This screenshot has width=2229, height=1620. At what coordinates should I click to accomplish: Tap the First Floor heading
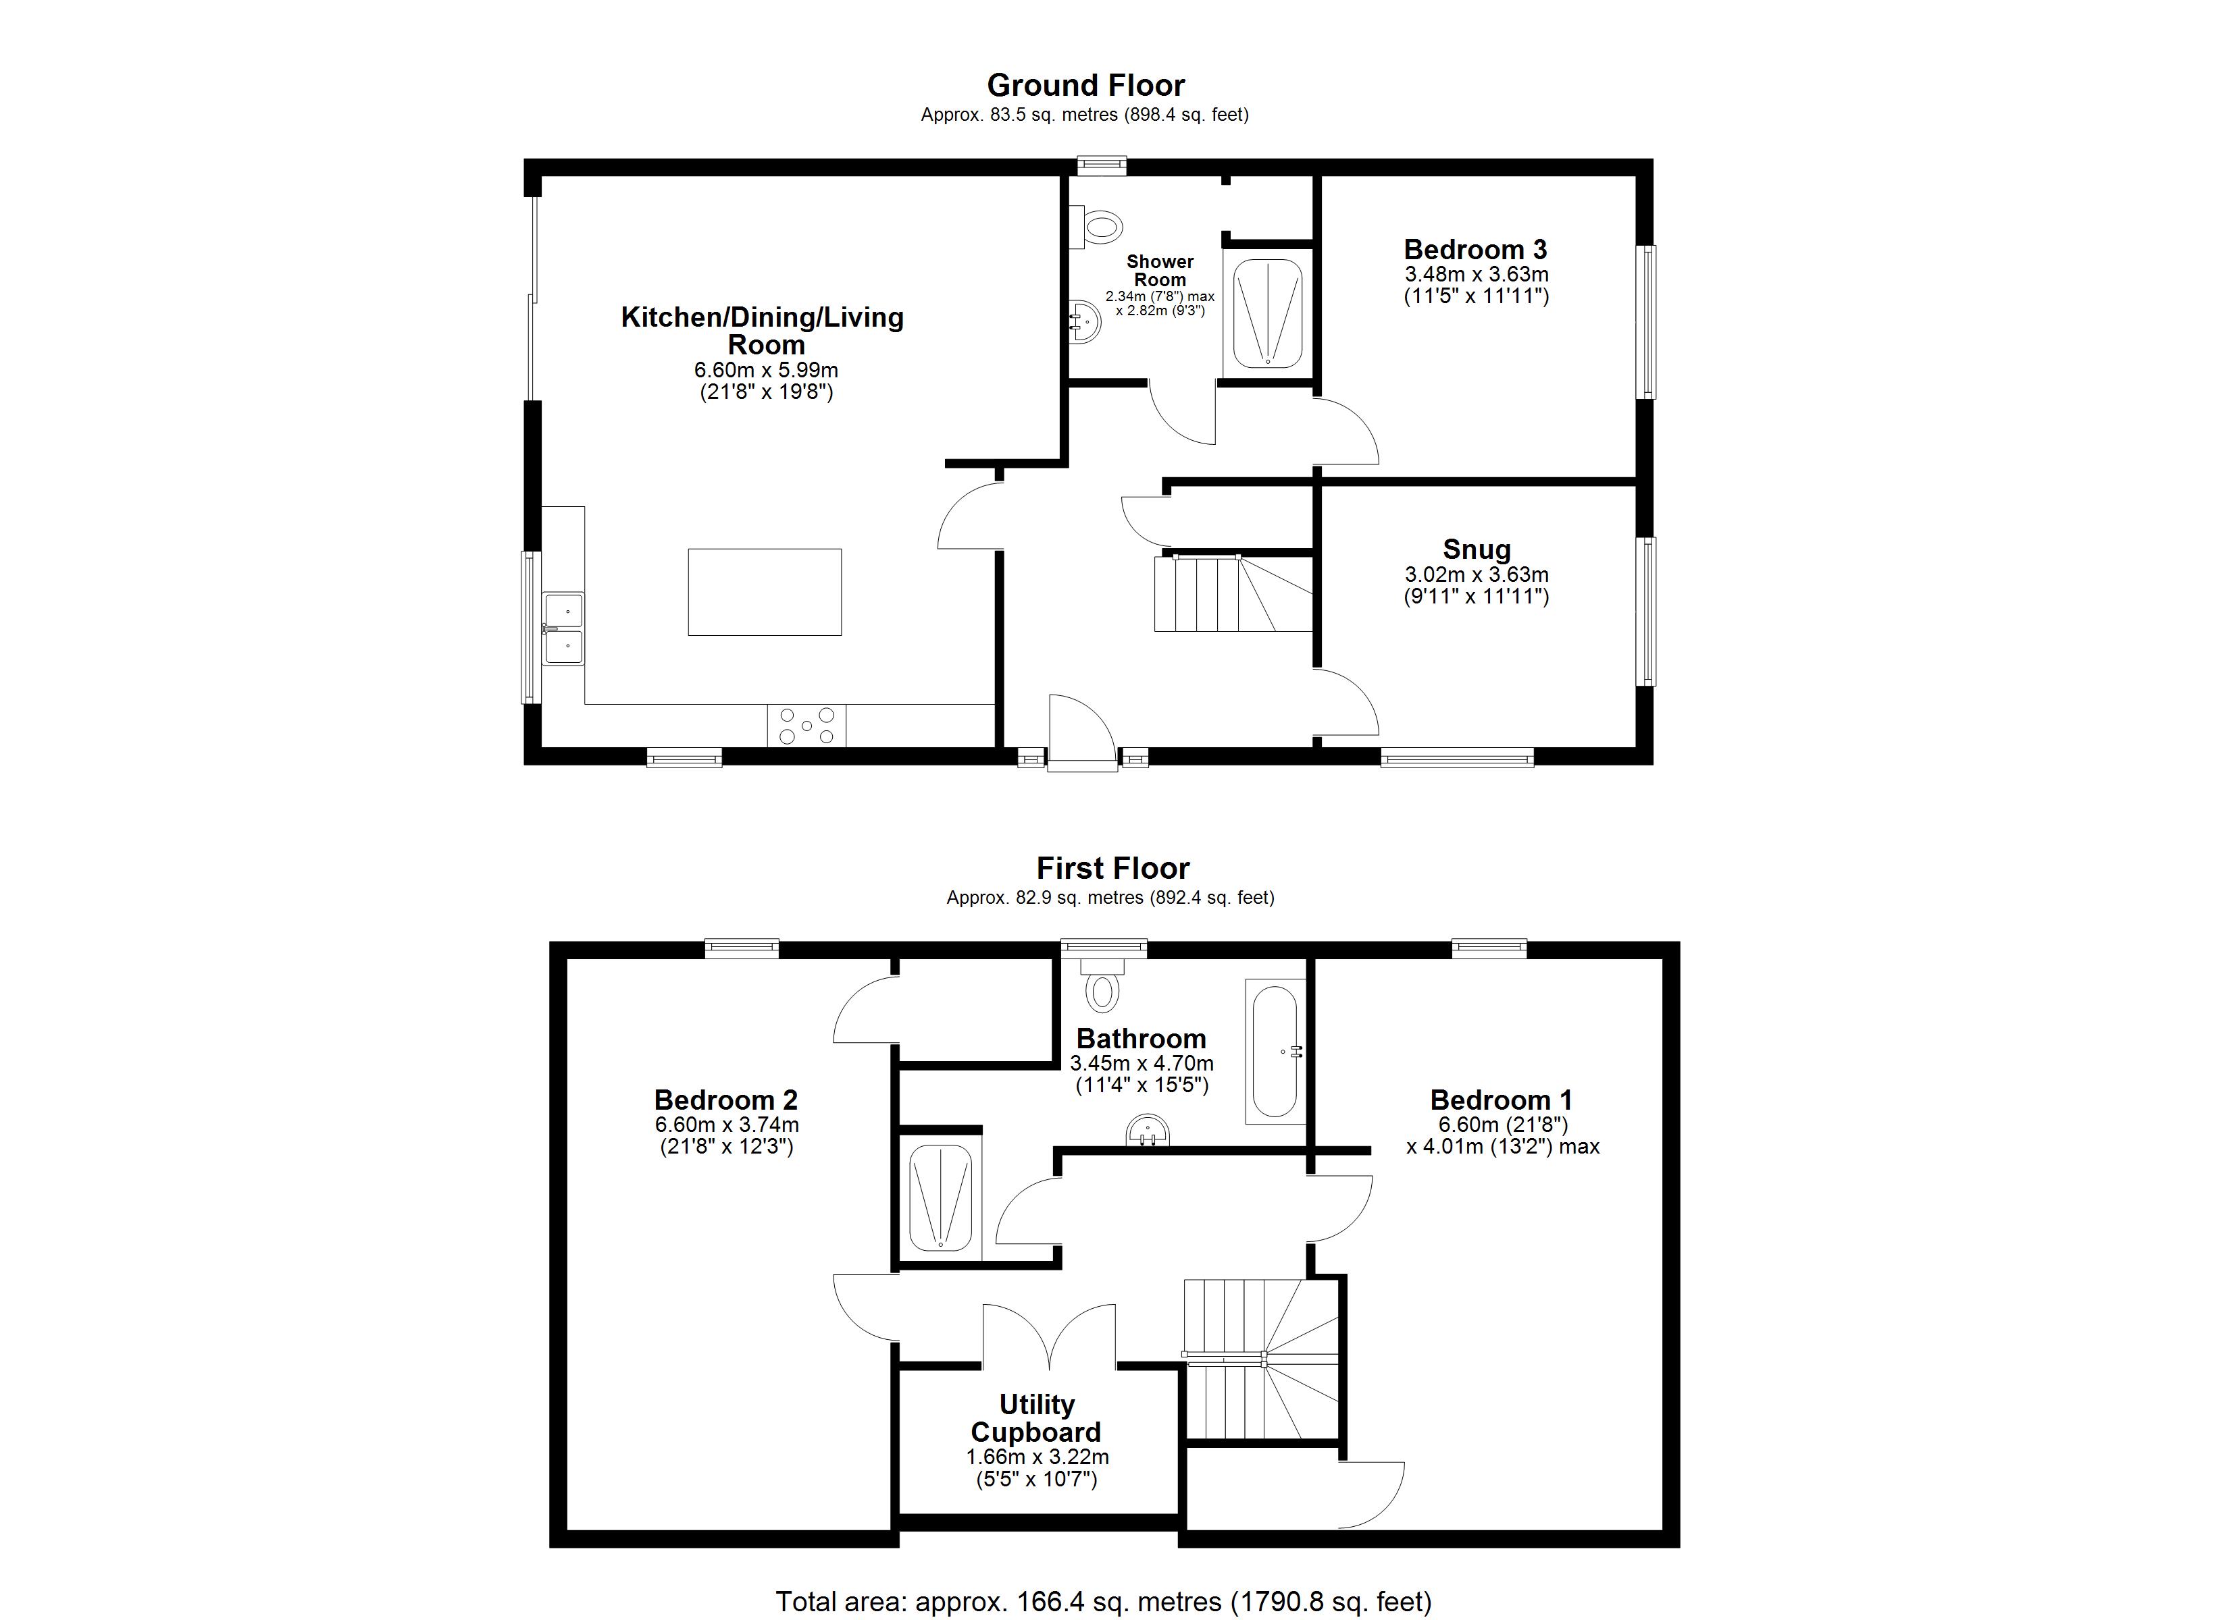pos(1112,869)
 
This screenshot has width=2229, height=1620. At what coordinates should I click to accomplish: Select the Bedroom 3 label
pos(1475,250)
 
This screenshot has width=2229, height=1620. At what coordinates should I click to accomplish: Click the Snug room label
pos(1476,550)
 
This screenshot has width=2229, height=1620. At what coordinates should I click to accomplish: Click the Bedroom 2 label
pos(725,1100)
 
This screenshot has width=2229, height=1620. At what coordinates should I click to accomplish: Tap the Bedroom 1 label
pos(1501,1100)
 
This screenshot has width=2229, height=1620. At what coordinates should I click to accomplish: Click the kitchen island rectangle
pos(765,593)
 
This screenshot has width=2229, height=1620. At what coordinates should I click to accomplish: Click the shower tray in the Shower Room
pos(1268,313)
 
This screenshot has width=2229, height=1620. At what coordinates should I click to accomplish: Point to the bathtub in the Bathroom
pos(1275,1051)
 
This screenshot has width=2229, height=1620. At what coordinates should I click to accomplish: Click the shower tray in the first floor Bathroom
pos(940,1197)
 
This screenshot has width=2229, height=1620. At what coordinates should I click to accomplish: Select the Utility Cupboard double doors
pos(1049,1336)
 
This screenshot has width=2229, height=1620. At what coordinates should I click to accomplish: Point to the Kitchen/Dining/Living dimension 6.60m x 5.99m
pos(765,371)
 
